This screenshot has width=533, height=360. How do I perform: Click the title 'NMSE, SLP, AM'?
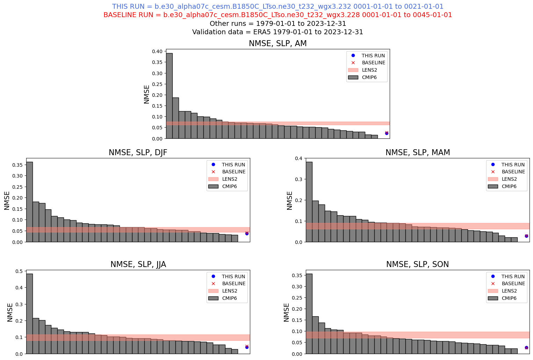click(x=278, y=44)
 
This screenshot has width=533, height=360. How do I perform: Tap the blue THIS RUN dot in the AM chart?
click(x=387, y=133)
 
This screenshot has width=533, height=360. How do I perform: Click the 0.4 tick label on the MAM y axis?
click(x=299, y=158)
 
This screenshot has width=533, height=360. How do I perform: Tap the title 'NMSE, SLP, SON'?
click(x=417, y=265)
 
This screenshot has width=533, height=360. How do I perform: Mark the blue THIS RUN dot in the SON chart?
click(x=526, y=348)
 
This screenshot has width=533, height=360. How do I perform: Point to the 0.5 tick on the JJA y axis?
click(x=19, y=271)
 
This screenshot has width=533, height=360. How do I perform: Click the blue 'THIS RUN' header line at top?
click(x=278, y=7)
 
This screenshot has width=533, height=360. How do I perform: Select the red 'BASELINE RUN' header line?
click(x=278, y=15)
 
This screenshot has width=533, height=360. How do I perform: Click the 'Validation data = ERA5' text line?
click(x=278, y=32)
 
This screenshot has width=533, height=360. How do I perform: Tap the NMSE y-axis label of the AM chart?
click(x=146, y=94)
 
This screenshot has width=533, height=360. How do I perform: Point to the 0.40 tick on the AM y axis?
click(x=157, y=51)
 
